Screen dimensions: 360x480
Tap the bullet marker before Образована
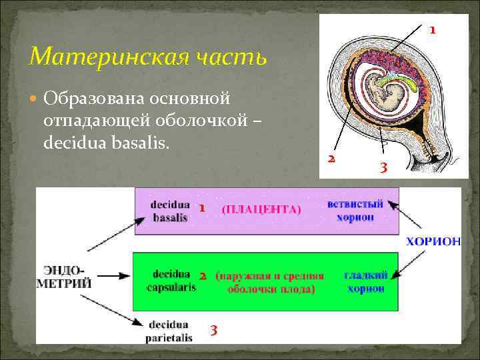tap(35, 99)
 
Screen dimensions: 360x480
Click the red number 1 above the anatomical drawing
tap(432, 30)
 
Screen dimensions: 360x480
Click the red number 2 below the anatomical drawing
tap(331, 159)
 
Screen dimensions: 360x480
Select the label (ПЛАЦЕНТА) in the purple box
tap(261, 209)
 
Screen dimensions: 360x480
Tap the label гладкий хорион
tap(364, 281)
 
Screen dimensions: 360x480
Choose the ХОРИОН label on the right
tap(433, 241)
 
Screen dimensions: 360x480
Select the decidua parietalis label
tap(169, 331)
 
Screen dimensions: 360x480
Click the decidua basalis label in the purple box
tap(170, 211)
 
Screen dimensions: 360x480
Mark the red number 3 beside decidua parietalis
tap(213, 330)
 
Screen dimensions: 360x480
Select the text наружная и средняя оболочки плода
tap(270, 282)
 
